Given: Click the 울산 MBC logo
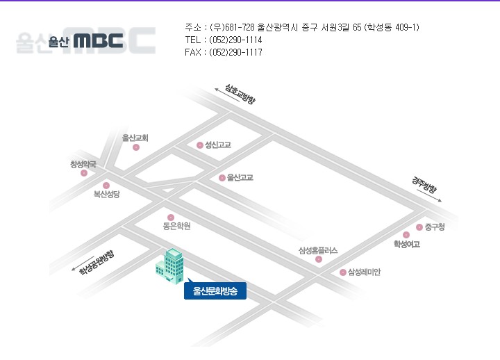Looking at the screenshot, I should [x=85, y=40].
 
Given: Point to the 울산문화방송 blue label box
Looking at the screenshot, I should [x=215, y=291].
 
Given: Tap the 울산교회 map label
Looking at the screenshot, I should [x=135, y=138].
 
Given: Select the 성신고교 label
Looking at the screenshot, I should [x=217, y=145].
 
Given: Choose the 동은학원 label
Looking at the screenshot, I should [x=176, y=226].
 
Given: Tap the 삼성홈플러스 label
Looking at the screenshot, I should [x=318, y=250].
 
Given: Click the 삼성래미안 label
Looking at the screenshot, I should [x=364, y=272].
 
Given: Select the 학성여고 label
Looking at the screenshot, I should [x=406, y=244].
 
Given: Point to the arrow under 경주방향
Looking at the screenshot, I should [x=431, y=195].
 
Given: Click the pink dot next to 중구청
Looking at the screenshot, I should [x=419, y=227].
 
